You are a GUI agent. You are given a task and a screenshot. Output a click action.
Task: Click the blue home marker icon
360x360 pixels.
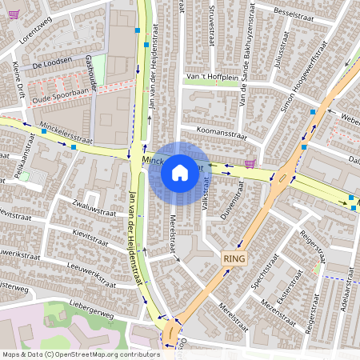pos(180,172)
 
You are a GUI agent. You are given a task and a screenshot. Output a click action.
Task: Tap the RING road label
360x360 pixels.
pos(234,258)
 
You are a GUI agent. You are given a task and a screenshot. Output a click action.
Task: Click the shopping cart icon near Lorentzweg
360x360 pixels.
pos(13,14)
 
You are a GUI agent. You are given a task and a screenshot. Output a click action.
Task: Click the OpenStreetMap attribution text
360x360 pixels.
pos(80,354)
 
